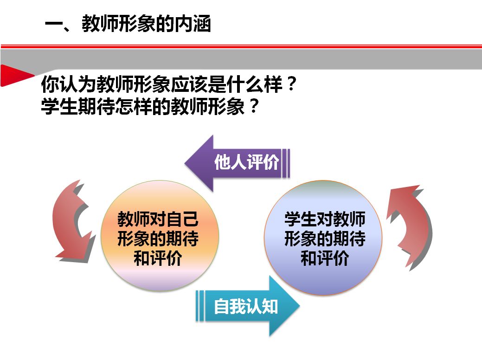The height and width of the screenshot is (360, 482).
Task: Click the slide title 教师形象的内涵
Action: [x=146, y=24]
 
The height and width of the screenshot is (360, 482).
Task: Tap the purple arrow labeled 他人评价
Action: [x=237, y=163]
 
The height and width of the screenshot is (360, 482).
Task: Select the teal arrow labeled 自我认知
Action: [x=247, y=306]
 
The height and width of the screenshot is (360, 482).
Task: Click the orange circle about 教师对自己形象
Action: [x=160, y=236]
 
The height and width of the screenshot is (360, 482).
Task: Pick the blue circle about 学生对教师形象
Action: [x=323, y=238]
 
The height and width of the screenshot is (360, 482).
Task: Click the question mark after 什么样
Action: [x=290, y=84]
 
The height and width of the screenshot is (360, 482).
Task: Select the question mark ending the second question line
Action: [x=254, y=106]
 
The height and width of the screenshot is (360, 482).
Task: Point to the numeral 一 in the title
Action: [x=54, y=24]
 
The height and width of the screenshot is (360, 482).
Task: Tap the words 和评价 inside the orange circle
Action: [x=158, y=257]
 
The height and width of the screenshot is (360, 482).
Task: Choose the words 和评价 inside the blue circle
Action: [x=325, y=257]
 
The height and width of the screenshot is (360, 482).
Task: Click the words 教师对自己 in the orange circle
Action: [x=158, y=219]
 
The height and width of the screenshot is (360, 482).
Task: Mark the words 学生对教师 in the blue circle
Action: [x=325, y=219]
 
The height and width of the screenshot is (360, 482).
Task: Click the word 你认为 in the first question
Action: [x=68, y=84]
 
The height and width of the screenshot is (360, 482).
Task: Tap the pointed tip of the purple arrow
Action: [x=185, y=163]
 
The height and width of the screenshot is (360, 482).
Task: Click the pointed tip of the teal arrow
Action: [x=299, y=306]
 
